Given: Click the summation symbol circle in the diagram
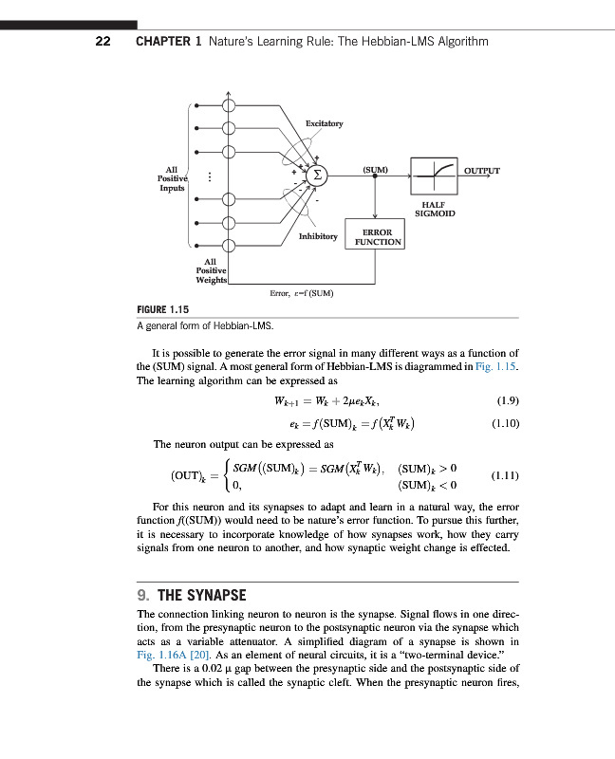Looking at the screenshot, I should (319, 176).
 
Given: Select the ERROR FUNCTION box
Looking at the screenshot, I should (379, 237).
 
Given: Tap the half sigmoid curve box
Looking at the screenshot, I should (434, 174).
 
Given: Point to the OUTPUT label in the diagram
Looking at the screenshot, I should (482, 171).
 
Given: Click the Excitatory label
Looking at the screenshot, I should (325, 124).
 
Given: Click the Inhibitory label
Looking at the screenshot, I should (318, 235).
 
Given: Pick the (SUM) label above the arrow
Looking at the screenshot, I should (376, 169).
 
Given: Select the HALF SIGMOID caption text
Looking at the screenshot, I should (436, 209).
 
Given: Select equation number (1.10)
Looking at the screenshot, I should (506, 423).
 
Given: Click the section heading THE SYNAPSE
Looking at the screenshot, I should (201, 596).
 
